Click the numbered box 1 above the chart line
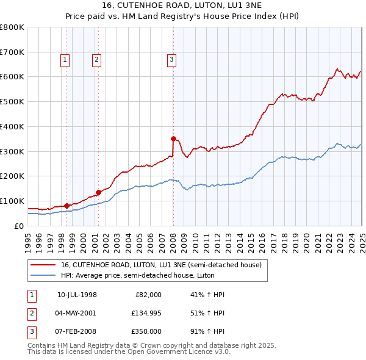[65, 59]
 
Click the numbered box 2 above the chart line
[96, 59]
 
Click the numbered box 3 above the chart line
[172, 59]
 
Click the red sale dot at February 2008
[173, 139]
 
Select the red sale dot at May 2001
[98, 192]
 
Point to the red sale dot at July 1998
[66, 205]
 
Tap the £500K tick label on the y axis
[12, 101]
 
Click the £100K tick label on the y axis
[12, 201]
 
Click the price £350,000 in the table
[147, 331]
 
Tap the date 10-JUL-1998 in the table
[77, 295]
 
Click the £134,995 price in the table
[147, 313]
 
